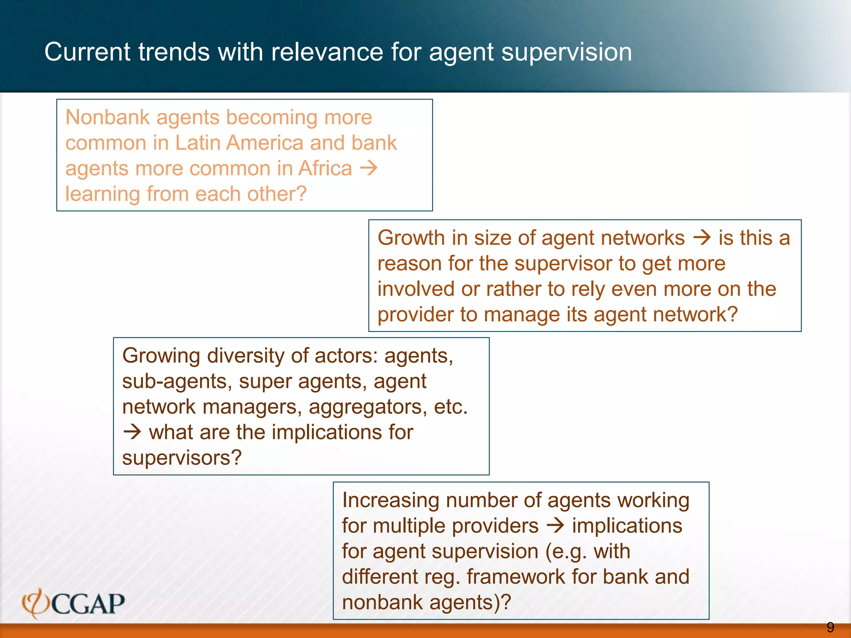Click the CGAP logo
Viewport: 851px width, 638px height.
click(x=74, y=603)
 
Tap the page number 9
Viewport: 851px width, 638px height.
click(x=830, y=627)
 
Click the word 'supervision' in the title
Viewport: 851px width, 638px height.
click(x=567, y=52)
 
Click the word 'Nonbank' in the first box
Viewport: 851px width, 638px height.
click(x=107, y=117)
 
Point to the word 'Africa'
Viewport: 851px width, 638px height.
click(x=325, y=169)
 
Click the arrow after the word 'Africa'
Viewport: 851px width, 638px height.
click(x=369, y=168)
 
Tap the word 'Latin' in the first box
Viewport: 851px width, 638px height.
click(x=198, y=143)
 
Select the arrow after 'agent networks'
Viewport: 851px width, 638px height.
click(x=702, y=238)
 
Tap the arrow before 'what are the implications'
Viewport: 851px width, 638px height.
click(x=133, y=432)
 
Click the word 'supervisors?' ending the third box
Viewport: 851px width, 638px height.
click(x=182, y=458)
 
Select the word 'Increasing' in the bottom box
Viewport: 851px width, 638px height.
click(x=391, y=501)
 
